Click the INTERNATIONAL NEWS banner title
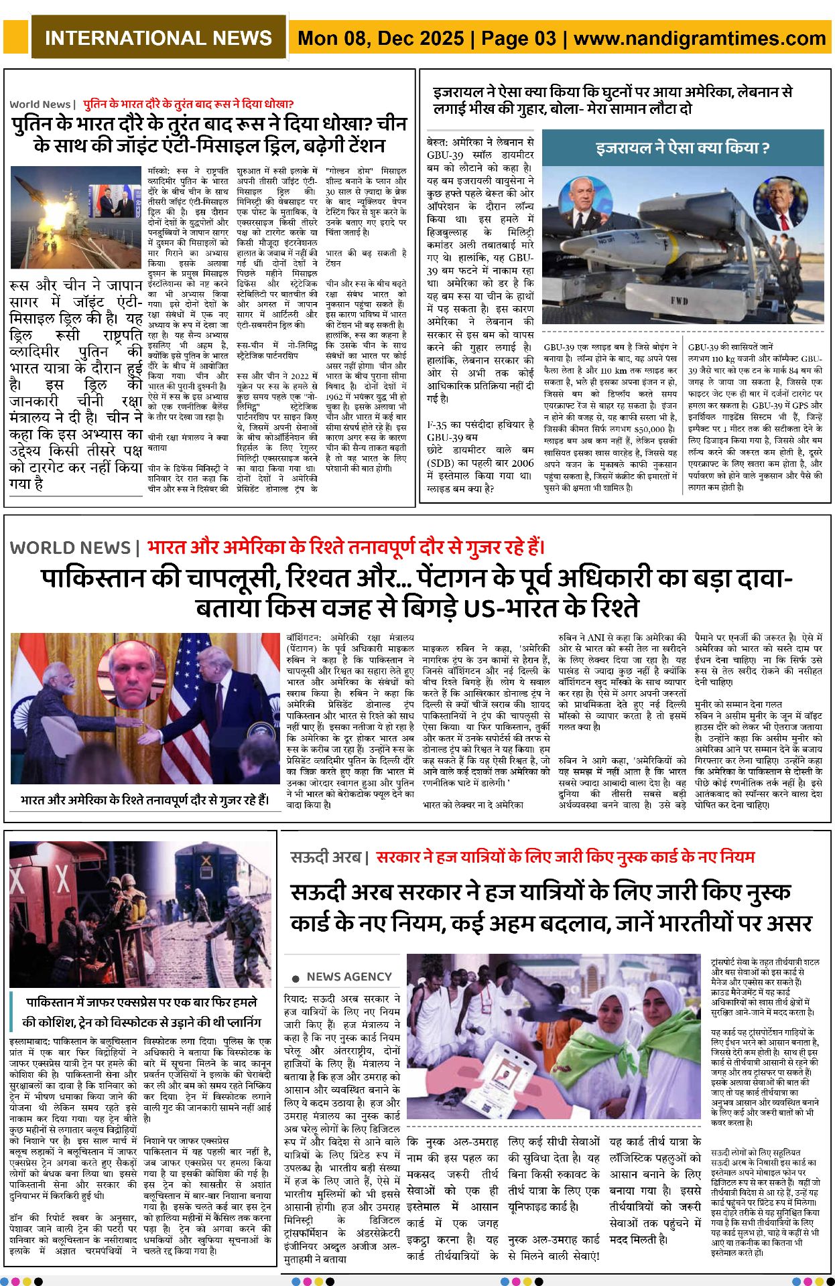point(158,38)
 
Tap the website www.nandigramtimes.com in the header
point(700,38)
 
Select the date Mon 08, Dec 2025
point(381,38)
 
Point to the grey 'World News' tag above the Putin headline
point(40,104)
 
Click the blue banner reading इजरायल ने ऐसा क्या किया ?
point(682,148)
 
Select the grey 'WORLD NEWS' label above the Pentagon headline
point(70,548)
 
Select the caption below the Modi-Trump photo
point(145,800)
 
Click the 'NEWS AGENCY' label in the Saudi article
point(348,977)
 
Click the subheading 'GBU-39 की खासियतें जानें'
point(730,347)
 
